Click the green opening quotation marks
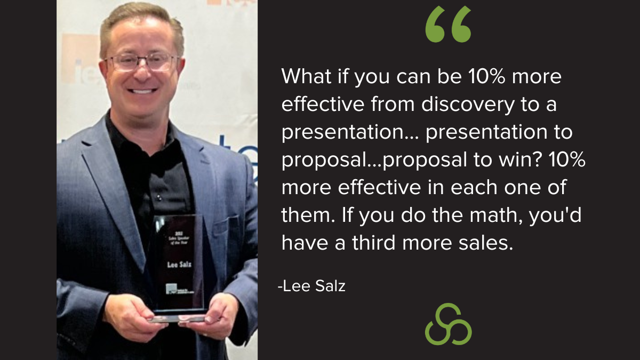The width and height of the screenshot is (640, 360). pyautogui.click(x=448, y=25)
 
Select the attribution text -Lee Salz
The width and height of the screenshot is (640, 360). pyautogui.click(x=311, y=286)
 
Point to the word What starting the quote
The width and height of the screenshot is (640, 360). pyautogui.click(x=303, y=77)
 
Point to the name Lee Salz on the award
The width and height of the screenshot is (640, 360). pyautogui.click(x=179, y=263)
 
